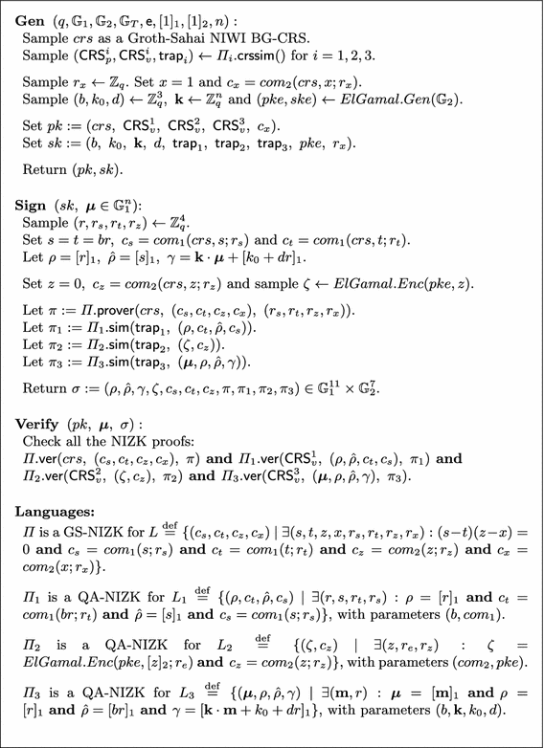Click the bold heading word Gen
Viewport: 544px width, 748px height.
(29, 19)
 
